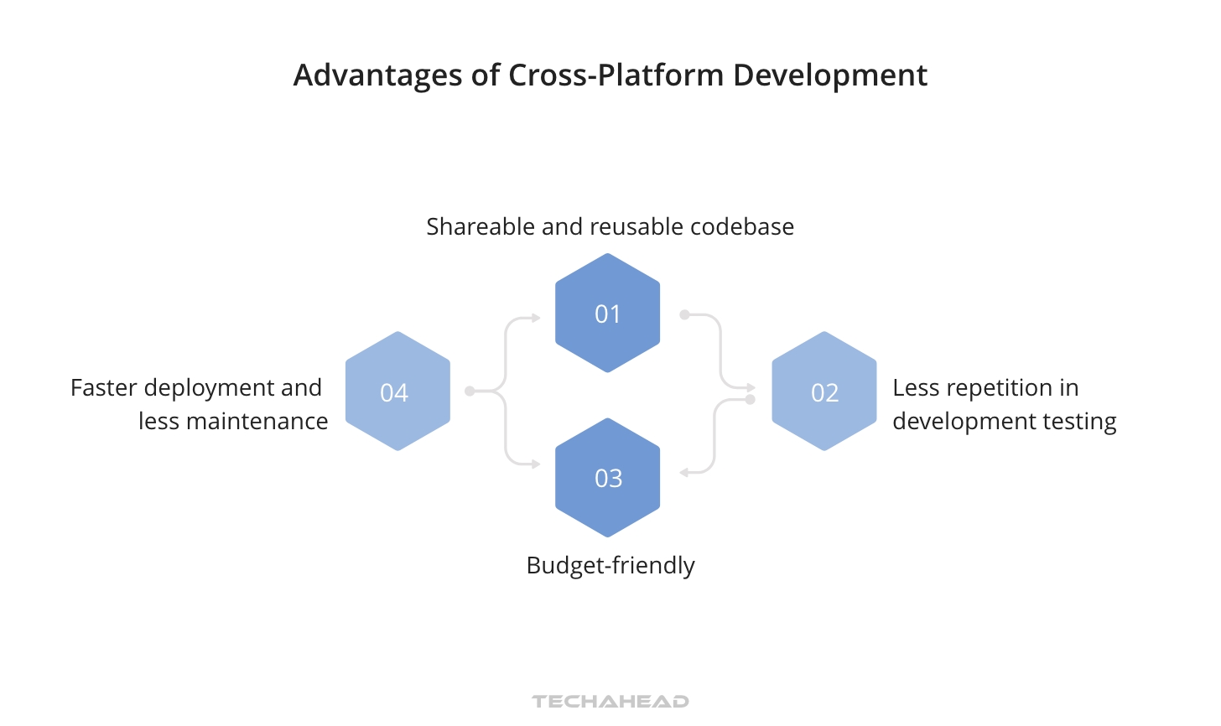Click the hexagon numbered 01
(607, 313)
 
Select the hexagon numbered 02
(824, 392)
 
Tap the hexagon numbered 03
(607, 477)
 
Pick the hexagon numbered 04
(397, 392)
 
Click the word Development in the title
(830, 75)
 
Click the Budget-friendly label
(610, 566)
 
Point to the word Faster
(103, 388)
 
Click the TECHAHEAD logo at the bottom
(610, 702)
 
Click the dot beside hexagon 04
(470, 392)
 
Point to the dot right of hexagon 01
(684, 314)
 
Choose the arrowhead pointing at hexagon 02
(751, 388)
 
